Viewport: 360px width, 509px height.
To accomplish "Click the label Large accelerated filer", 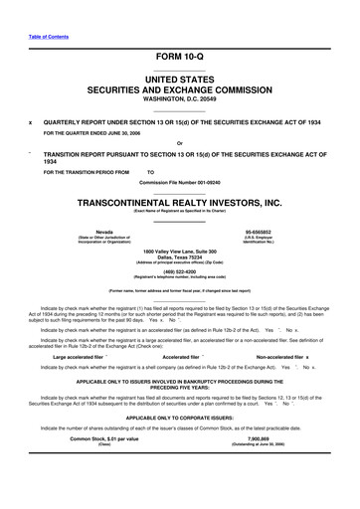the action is (x=88, y=355).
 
